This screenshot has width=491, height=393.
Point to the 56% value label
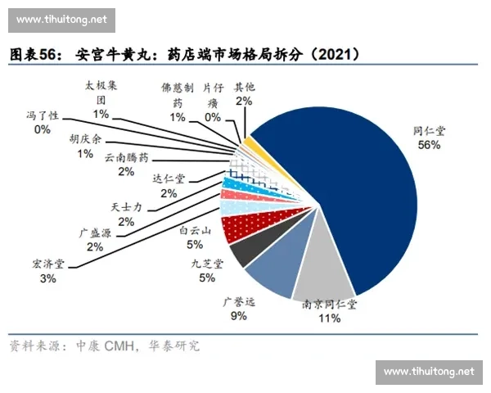[x=429, y=145]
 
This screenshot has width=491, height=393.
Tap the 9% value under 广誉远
[x=239, y=315]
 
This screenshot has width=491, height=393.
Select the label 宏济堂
[x=48, y=265]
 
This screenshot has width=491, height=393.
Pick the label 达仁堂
[x=169, y=179]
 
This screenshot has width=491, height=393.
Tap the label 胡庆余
[x=85, y=139]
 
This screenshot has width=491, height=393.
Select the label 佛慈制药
[x=178, y=94]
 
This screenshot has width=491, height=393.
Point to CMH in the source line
[x=119, y=346]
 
